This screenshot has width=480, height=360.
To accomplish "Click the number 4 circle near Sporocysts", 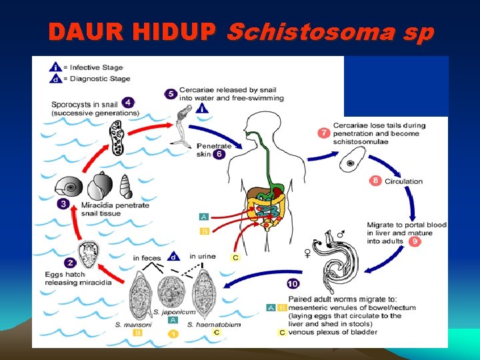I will click(127, 103).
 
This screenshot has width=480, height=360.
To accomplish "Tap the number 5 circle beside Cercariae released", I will click(171, 94).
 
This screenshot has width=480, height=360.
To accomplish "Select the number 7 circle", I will click(324, 133).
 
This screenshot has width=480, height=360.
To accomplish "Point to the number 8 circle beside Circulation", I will click(375, 181).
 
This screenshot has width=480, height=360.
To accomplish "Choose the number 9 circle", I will click(415, 241).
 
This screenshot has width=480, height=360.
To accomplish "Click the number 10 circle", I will click(293, 283).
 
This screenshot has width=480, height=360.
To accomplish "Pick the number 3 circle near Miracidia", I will click(63, 204).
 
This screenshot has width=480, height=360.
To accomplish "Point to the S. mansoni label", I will click(133, 324).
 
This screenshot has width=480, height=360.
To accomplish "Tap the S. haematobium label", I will click(213, 324).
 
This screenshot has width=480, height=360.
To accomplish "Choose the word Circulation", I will click(403, 181).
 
